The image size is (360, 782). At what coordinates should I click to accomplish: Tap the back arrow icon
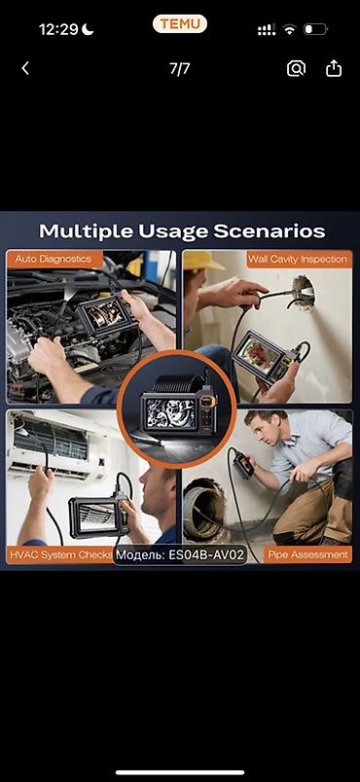25,68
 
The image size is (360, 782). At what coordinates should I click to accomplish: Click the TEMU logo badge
179,24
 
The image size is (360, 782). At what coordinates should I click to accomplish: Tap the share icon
334,68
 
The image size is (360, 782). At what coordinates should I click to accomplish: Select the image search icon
296,68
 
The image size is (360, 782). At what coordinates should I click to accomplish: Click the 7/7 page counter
179,69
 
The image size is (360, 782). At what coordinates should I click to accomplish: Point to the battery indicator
315,29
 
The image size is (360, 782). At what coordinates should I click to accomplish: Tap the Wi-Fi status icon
289,29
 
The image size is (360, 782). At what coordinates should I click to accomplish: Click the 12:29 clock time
58,30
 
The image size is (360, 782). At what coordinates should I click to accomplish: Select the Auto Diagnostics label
54,259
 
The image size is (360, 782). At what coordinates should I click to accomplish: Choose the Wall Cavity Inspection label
298,259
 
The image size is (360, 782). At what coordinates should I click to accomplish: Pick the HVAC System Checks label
61,554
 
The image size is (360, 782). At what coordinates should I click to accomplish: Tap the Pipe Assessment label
307,554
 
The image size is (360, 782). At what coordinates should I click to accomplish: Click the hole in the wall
303,291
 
